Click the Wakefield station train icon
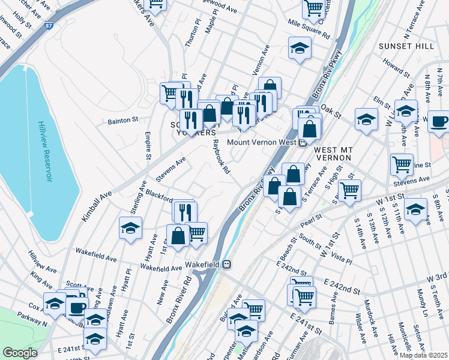[227, 263]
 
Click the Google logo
[20, 352]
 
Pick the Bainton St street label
[123, 121]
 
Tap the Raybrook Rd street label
[221, 158]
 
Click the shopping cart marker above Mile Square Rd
[314, 8]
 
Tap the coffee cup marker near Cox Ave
[76, 308]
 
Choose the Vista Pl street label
[341, 255]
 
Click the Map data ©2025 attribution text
[423, 355]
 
